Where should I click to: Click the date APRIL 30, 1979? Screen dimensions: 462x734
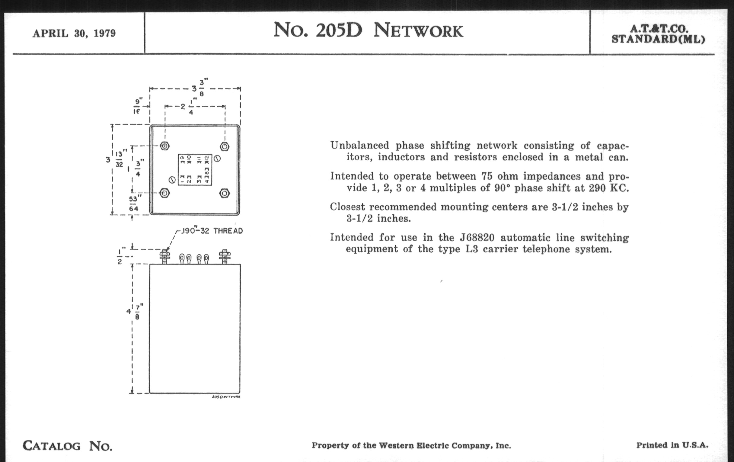(x=74, y=33)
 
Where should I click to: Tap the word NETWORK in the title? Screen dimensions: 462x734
(x=418, y=31)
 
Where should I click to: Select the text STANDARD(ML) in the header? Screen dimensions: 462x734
(x=658, y=39)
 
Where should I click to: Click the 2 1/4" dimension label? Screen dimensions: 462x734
(x=187, y=107)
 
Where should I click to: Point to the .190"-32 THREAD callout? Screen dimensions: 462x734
(x=212, y=231)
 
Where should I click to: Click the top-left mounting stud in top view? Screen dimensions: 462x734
(x=164, y=146)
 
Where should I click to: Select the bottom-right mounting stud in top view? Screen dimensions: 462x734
(x=225, y=193)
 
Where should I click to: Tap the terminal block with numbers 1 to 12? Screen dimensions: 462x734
(x=195, y=170)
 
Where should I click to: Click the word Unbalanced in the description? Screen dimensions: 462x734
(x=360, y=146)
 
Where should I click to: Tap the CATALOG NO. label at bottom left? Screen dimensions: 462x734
(x=67, y=446)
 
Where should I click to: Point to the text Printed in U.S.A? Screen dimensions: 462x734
(x=672, y=445)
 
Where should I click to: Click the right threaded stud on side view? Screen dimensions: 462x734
(x=225, y=257)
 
